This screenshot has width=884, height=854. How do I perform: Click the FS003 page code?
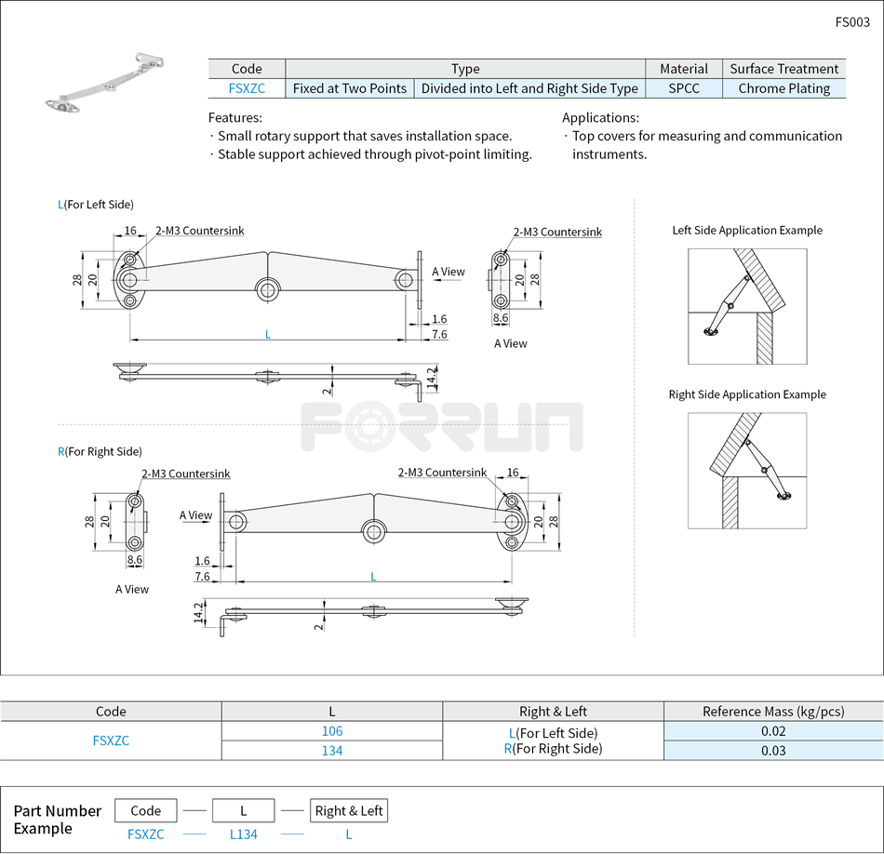coord(852,22)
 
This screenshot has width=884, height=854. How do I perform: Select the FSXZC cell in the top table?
coord(247,88)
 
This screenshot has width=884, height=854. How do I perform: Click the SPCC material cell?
coord(684,88)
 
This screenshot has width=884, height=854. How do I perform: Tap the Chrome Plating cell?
coord(784,88)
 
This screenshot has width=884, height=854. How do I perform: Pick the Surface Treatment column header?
coord(784,69)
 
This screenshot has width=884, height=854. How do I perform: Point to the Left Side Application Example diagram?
coord(747,306)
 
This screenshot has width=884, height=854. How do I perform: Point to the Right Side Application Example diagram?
coord(747,471)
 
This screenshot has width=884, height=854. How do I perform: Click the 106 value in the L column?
coord(332,731)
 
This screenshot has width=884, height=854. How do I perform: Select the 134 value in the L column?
coord(332,751)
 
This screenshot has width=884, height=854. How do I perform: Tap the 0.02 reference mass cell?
coord(773,731)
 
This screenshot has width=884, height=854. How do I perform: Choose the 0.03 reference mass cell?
coord(773,751)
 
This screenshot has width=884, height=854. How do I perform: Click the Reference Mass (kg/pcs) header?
coord(773,712)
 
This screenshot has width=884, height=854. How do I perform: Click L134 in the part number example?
coord(244,834)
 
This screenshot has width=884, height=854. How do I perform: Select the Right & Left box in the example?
coord(349,810)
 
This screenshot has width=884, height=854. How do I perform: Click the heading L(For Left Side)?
coord(96,205)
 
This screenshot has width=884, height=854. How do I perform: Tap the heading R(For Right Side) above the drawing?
coord(100,451)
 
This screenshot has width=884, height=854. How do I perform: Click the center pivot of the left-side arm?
coord(268,289)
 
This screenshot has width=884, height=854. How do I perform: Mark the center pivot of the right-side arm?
coord(374,531)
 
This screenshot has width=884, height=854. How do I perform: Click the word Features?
coord(234,118)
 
